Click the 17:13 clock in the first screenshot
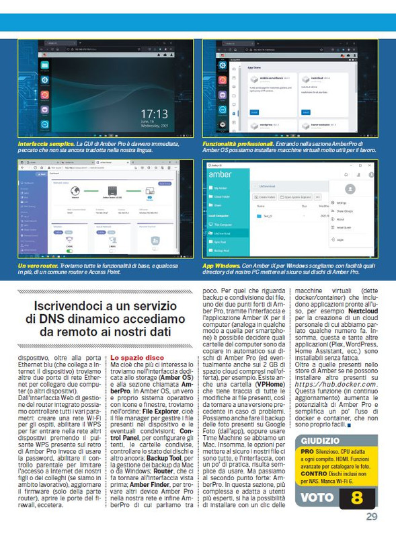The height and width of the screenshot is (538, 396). click(153, 113)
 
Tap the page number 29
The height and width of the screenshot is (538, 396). click(372, 516)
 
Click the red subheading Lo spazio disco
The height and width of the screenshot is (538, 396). click(136, 358)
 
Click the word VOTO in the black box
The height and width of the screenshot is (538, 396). click(317, 499)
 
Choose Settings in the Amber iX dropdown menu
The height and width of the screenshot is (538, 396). click(342, 202)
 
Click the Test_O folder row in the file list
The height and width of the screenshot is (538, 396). click(269, 217)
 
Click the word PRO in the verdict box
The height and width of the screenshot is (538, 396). click(307, 451)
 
